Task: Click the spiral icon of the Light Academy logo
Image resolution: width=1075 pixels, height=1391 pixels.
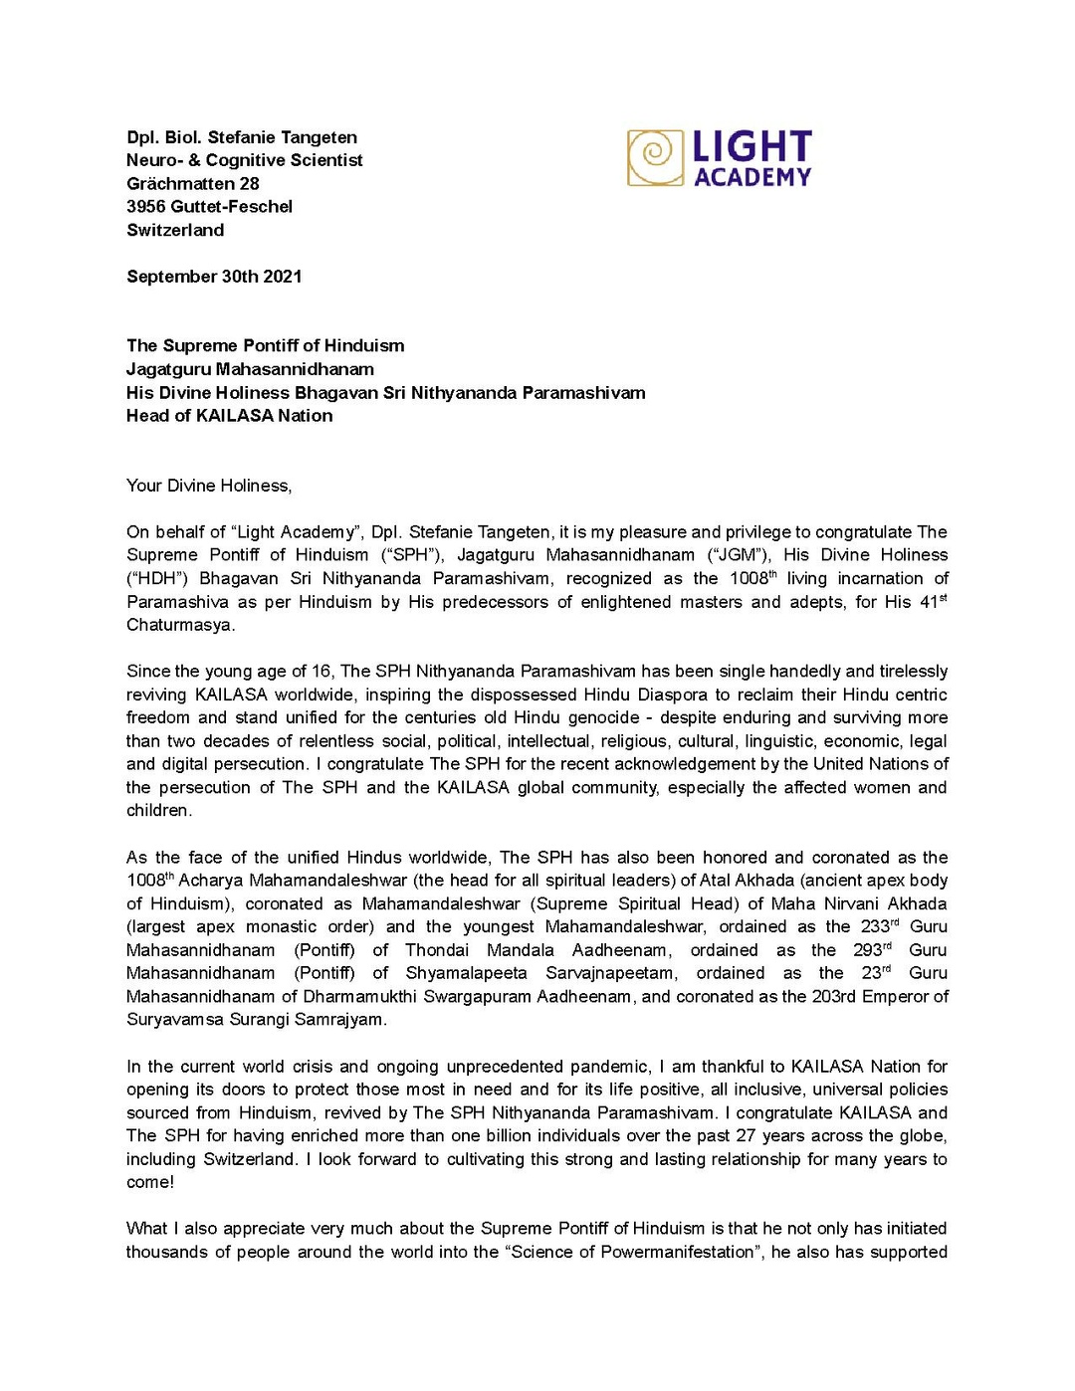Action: click(x=655, y=157)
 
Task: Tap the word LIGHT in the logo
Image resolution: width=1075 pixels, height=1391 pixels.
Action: click(x=752, y=147)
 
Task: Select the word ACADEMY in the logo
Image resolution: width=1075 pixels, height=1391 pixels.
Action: click(x=752, y=177)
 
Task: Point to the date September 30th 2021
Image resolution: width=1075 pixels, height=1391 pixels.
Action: click(x=214, y=277)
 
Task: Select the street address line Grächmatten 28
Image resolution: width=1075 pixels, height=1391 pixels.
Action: click(x=193, y=184)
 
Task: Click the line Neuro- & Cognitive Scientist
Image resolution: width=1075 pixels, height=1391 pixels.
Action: click(x=245, y=160)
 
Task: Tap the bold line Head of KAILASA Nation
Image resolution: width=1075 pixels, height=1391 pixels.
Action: click(x=230, y=416)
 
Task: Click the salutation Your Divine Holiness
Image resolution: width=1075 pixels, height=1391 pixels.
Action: click(x=209, y=486)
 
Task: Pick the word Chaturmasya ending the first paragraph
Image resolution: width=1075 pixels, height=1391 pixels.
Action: click(x=179, y=625)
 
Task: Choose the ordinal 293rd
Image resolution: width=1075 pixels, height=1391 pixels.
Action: click(x=873, y=950)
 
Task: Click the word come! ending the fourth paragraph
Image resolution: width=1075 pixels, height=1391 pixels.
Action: click(x=150, y=1183)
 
